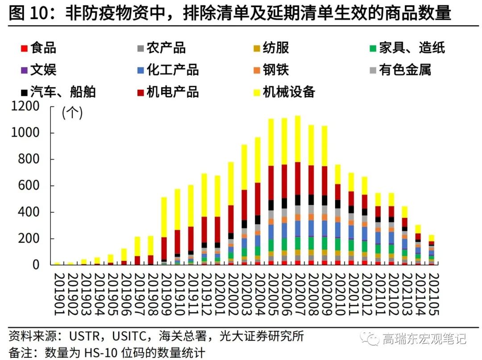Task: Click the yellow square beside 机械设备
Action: [x=255, y=92]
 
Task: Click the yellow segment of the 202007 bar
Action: [x=298, y=138]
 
